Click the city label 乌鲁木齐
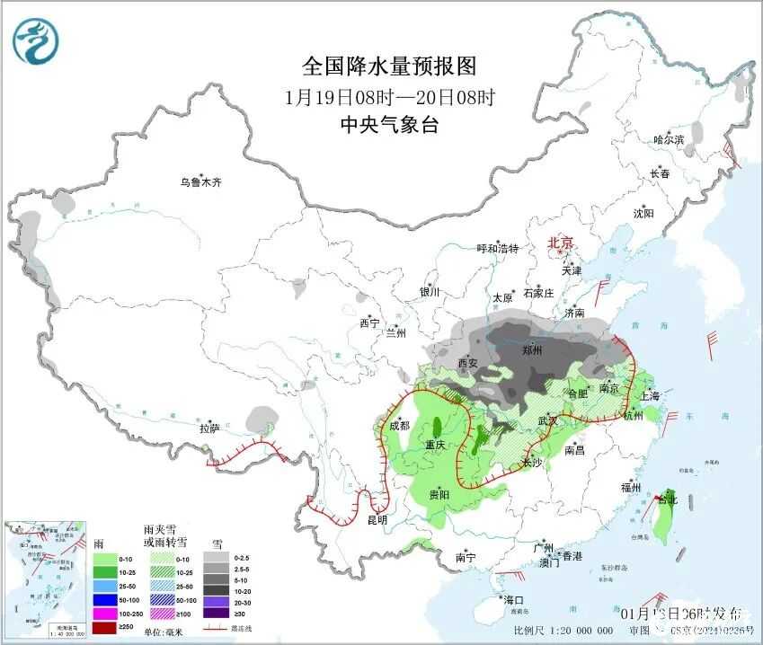pos(200,181)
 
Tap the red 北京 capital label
pos(561,243)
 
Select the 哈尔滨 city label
pos(669,140)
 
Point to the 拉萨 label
pos(209,429)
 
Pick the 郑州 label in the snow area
pos(532,350)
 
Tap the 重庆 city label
pos(436,446)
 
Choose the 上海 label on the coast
pos(649,396)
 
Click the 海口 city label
pos(513,599)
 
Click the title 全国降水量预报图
pos(388,66)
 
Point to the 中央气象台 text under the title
pos(388,125)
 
